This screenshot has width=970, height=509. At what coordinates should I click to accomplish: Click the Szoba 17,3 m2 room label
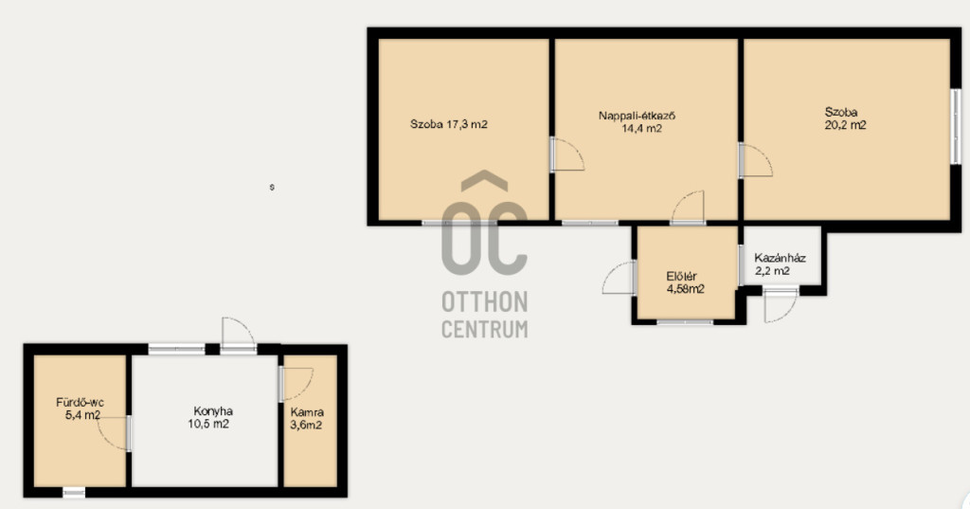point(448,124)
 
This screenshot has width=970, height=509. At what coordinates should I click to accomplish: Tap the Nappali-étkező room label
point(637,116)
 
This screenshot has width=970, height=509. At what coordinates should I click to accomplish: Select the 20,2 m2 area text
point(845,125)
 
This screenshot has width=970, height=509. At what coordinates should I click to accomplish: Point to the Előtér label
point(682,276)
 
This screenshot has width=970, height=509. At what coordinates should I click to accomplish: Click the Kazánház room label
point(781,258)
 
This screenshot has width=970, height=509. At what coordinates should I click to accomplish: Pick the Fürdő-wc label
point(80,403)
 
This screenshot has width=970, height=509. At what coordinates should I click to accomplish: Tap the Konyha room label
point(213,411)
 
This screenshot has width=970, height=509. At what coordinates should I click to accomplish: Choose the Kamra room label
point(307,411)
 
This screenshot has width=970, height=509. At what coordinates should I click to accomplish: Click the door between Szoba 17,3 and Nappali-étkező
point(567,155)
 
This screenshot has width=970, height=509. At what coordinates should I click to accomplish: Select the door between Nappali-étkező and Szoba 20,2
point(755,161)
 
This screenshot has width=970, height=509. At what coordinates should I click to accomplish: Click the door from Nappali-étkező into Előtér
point(688,208)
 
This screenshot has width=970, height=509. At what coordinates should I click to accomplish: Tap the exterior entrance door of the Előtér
point(620,278)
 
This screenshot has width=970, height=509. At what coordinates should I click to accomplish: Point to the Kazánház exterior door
point(781,304)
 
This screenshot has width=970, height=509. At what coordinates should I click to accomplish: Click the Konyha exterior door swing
point(239,335)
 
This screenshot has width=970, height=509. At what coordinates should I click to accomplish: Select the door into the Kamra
point(296,384)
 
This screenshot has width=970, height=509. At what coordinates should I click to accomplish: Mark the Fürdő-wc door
point(114,433)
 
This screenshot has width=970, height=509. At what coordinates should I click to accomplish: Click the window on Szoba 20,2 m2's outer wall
point(956,127)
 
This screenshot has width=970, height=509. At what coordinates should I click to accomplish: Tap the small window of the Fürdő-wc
point(74,492)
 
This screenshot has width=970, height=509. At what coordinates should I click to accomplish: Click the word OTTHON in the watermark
point(485,302)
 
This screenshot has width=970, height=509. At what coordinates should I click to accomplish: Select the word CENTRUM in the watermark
point(485,329)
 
